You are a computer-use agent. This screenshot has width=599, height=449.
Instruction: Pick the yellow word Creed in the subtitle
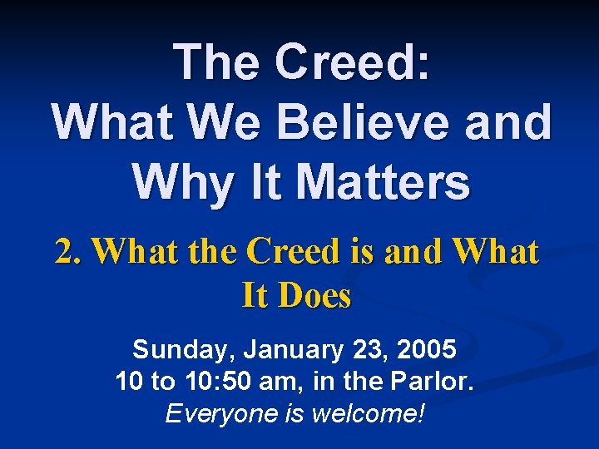point(295,251)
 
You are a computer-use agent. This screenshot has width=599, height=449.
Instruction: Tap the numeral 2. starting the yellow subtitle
point(70,251)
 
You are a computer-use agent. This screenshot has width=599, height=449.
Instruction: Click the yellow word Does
point(316,295)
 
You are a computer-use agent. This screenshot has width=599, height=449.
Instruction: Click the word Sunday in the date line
point(176,350)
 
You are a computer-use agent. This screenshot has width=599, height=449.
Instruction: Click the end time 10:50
point(220,382)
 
